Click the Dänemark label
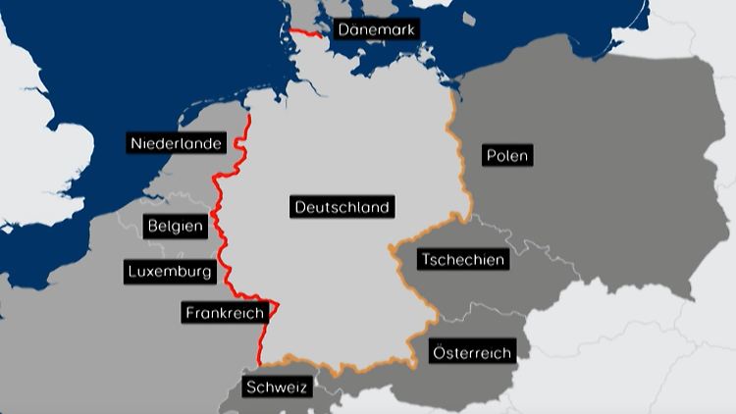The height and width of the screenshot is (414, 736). pyautogui.click(x=377, y=30)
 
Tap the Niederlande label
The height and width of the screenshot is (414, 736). pyautogui.click(x=177, y=144)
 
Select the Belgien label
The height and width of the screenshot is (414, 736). pyautogui.click(x=175, y=227)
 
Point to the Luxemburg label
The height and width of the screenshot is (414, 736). pyautogui.click(x=169, y=271)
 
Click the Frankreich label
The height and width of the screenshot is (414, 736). pyautogui.click(x=224, y=313)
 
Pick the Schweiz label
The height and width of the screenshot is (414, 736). pyautogui.click(x=277, y=387)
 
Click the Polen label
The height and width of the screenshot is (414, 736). pyautogui.click(x=506, y=155)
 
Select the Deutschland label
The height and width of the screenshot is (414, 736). pyautogui.click(x=343, y=207)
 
